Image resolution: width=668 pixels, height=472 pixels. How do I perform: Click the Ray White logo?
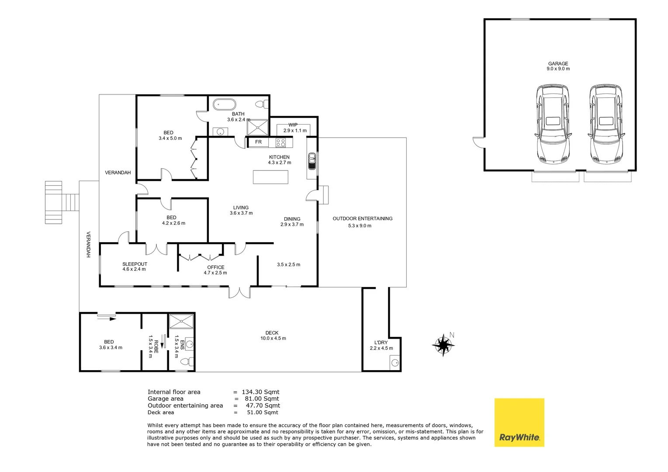[x=519, y=422]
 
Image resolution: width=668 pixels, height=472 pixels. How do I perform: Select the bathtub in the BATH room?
[x=224, y=105]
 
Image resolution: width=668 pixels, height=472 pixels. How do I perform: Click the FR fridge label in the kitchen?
[x=258, y=142]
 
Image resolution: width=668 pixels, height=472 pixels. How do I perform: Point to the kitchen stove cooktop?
[x=280, y=142]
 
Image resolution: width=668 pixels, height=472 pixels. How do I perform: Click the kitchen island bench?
[x=270, y=177]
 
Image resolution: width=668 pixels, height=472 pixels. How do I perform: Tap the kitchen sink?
[x=312, y=161]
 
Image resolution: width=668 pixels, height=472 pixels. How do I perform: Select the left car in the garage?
[x=553, y=124]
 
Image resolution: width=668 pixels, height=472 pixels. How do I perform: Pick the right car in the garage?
[x=606, y=124]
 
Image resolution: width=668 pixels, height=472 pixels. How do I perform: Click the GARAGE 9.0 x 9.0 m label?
[x=558, y=66]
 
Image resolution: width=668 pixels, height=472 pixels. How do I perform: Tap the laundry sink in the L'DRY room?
[x=395, y=363]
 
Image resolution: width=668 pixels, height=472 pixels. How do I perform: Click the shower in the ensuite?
[x=181, y=321]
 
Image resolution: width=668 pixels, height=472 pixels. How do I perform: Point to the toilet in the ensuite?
[x=187, y=361]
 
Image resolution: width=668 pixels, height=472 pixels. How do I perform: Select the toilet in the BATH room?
[x=262, y=104]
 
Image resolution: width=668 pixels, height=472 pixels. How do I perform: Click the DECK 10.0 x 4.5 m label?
[x=273, y=335]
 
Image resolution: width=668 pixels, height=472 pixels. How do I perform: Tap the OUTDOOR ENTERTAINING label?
[x=362, y=219]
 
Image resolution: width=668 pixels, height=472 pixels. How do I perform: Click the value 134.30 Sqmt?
[x=260, y=392]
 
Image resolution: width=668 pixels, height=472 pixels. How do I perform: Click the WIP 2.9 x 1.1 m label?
[x=295, y=128]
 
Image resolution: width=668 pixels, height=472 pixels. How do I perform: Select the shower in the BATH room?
[x=258, y=128]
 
